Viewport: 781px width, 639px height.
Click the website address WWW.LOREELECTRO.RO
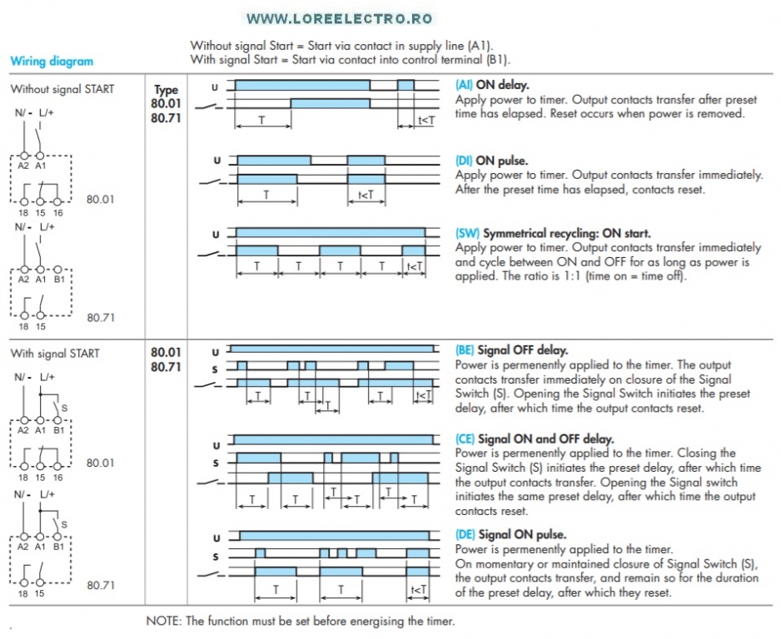(340, 18)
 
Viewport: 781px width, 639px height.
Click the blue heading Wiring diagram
(52, 61)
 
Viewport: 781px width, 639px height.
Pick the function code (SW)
(467, 234)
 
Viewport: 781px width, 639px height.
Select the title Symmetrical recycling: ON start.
(567, 234)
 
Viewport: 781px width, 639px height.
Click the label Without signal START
(62, 89)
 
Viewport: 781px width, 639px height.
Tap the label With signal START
(55, 354)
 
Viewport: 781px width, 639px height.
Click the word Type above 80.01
(166, 90)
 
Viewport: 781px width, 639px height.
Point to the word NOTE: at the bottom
(164, 621)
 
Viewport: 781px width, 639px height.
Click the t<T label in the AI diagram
(425, 121)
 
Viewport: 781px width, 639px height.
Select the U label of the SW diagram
(216, 234)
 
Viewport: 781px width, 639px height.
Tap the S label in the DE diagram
(216, 557)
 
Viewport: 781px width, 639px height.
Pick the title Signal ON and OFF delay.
(546, 438)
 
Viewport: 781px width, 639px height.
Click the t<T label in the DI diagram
(366, 195)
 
